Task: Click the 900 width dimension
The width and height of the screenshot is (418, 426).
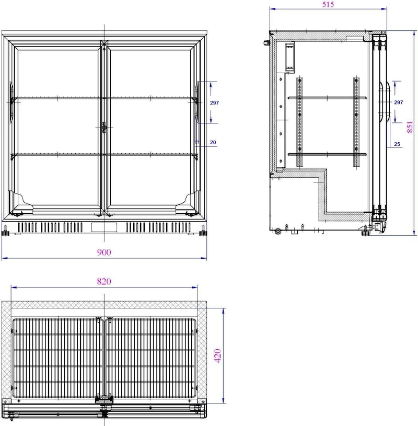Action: [x=104, y=252]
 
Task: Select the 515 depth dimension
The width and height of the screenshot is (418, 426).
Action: [x=328, y=4]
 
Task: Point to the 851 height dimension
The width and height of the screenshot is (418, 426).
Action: [x=410, y=127]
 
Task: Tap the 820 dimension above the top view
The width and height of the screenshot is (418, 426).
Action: [x=104, y=281]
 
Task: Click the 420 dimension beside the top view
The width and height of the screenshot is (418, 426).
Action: [x=218, y=355]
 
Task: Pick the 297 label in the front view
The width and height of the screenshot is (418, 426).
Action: [x=214, y=102]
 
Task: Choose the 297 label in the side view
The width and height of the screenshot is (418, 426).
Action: [x=399, y=102]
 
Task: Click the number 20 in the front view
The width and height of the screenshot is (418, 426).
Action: [x=213, y=142]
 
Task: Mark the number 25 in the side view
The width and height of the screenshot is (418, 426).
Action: [x=397, y=144]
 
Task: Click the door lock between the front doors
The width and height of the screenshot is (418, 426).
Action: [x=104, y=127]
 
